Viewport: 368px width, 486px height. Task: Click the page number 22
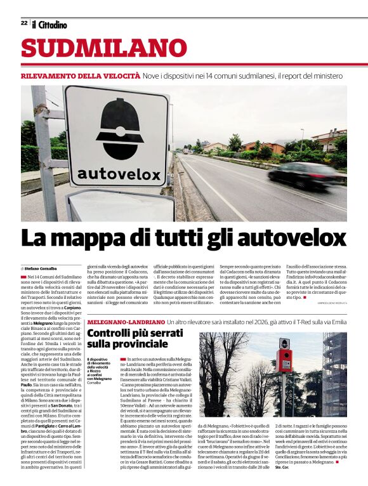click(x=23, y=23)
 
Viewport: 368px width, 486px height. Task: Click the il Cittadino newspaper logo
click(x=49, y=24)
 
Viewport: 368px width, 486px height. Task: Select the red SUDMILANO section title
click(x=104, y=48)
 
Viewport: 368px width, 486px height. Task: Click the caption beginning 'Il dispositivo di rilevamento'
click(x=101, y=371)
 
